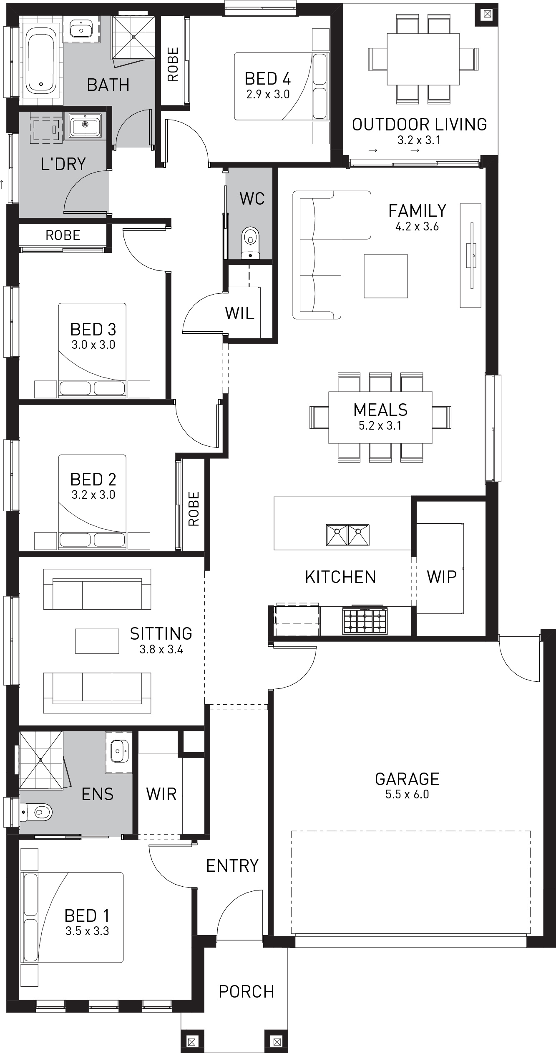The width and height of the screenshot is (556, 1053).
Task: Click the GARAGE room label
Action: (x=407, y=779)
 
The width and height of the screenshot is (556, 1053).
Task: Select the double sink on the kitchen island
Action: (x=347, y=535)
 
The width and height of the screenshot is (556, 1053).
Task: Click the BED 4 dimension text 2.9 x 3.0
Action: (x=268, y=94)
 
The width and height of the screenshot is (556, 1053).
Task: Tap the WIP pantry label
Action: (x=441, y=577)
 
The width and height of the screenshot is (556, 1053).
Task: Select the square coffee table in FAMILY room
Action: (x=385, y=276)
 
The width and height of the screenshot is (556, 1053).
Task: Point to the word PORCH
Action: (x=246, y=991)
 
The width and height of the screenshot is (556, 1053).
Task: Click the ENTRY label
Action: (x=232, y=865)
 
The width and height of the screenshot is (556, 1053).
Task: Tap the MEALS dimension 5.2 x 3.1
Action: (x=380, y=425)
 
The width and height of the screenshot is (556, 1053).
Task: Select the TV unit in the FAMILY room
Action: (x=471, y=255)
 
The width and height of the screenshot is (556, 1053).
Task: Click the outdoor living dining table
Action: (x=423, y=59)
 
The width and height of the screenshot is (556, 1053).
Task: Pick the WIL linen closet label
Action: (x=239, y=313)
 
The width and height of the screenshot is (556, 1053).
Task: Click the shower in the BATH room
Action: (x=134, y=37)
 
